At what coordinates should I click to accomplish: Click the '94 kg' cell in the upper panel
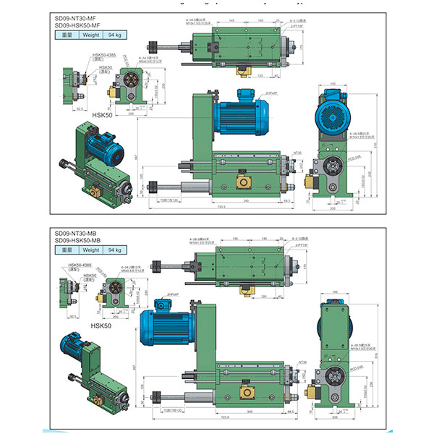[x=114, y=35]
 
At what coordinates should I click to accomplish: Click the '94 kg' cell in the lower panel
[x=114, y=250]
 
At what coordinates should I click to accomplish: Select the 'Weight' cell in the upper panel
[x=90, y=35]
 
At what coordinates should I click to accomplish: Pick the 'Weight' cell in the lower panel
[x=90, y=250]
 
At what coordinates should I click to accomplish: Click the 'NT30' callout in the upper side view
[x=297, y=153]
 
